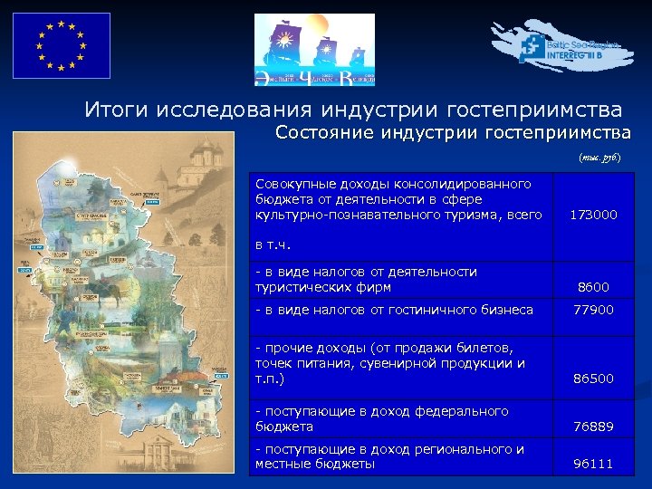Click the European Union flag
(x=60, y=45)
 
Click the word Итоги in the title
(x=116, y=110)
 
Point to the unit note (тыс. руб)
(x=599, y=157)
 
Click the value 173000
(x=593, y=215)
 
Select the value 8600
(x=593, y=287)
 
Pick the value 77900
(x=593, y=310)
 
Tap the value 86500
(x=593, y=378)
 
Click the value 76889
(x=593, y=426)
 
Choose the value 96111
(x=593, y=464)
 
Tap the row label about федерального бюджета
(x=381, y=418)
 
